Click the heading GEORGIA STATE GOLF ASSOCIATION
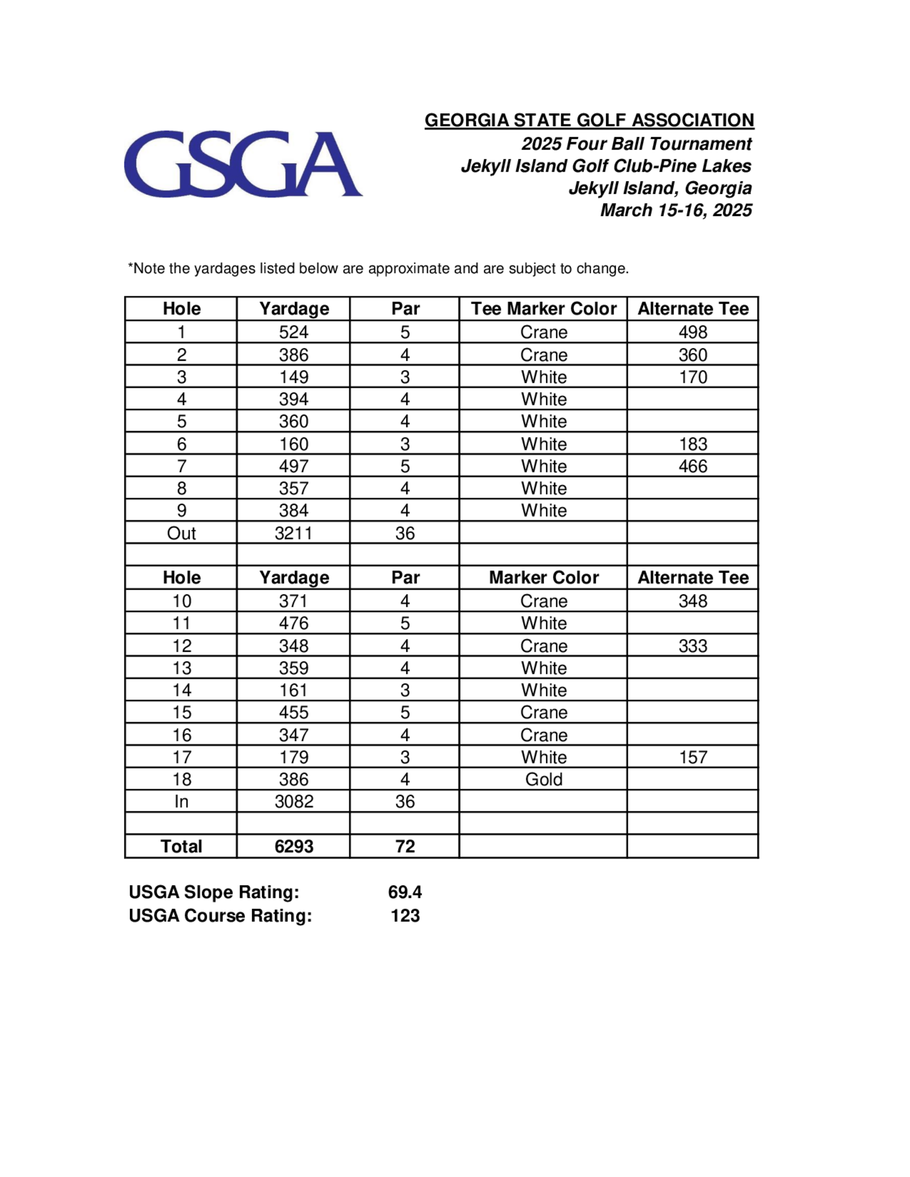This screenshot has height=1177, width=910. point(589,120)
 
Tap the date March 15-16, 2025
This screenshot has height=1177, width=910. point(676,210)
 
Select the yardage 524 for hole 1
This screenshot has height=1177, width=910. point(293,332)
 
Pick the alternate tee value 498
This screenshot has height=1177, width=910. point(693,332)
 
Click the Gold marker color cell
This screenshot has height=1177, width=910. point(543,779)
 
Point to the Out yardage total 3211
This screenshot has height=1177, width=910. point(293,533)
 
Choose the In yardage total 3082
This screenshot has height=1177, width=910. point(293,801)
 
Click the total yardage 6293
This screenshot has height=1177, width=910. point(293,846)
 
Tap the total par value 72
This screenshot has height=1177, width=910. point(405,846)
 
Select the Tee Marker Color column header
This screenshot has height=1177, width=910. point(543,309)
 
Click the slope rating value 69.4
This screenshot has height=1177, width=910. point(405,892)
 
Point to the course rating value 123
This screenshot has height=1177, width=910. point(405,915)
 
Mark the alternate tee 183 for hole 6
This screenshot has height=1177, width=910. point(693,444)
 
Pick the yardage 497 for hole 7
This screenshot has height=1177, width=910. point(293,466)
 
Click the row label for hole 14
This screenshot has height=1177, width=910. point(182,690)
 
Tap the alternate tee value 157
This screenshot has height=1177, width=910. point(693,757)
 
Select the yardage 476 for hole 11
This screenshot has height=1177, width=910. point(293,623)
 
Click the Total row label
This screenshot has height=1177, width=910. point(182,846)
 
